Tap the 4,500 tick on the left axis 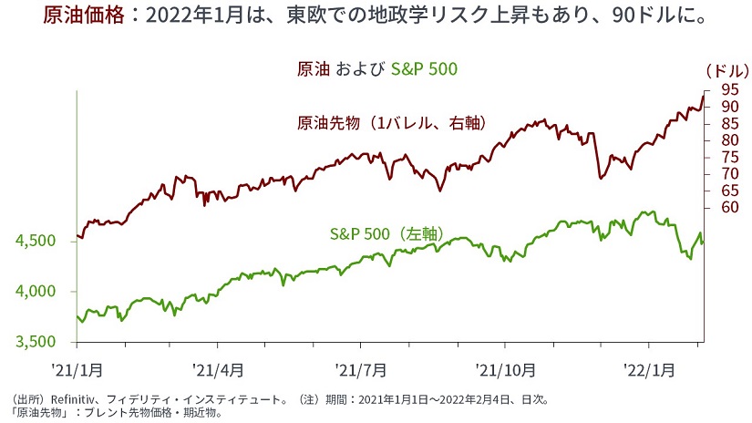click(36, 241)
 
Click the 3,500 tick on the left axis click(36, 342)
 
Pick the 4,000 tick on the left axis click(36, 292)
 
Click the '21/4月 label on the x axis click(217, 369)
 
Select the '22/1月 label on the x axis click(648, 369)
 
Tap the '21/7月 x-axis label click(360, 369)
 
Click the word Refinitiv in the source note click(65, 399)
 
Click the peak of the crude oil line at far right click(703, 95)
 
